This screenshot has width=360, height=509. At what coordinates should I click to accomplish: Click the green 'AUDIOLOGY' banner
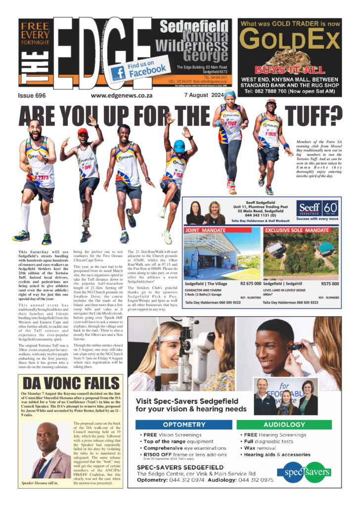coord(284,424)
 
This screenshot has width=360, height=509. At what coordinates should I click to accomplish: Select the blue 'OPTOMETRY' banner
coord(184,424)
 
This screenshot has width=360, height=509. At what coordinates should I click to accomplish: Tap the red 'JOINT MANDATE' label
coord(205,230)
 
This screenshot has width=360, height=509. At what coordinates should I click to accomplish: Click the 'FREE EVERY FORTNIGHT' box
coord(36,36)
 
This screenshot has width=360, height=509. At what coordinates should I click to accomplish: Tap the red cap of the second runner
coord(83,131)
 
